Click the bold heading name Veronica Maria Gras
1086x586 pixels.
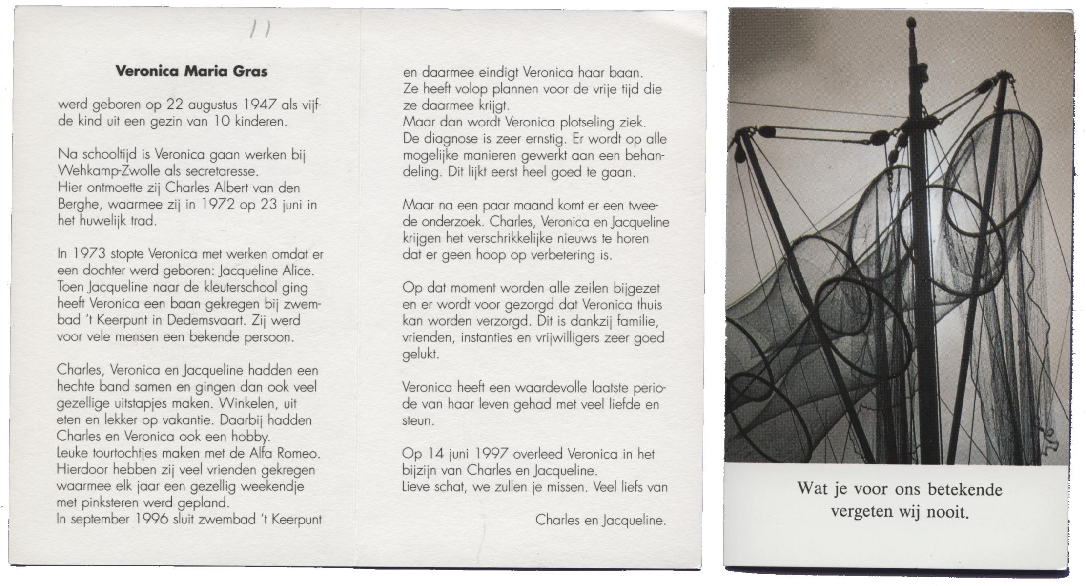click(x=191, y=72)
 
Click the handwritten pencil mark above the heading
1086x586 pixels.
click(x=260, y=31)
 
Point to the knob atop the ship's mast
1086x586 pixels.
click(x=911, y=23)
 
